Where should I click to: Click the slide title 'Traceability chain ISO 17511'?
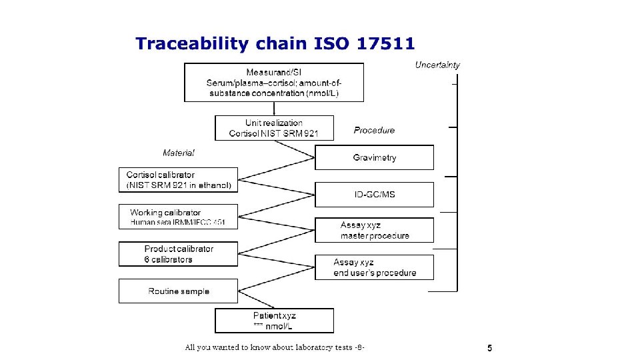(275, 44)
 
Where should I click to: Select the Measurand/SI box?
(274, 82)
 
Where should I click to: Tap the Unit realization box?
(274, 128)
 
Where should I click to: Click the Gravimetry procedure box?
(374, 157)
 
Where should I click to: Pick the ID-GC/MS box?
(374, 194)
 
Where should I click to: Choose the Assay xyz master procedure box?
(374, 230)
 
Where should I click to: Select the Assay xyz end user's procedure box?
(374, 267)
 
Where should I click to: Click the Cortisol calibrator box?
(178, 180)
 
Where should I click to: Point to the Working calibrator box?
(178, 217)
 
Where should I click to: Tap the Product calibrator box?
(178, 254)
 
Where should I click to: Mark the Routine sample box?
(178, 291)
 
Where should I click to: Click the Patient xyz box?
(274, 320)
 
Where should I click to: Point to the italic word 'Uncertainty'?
(437, 65)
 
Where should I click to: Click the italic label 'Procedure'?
(374, 130)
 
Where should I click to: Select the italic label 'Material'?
(179, 153)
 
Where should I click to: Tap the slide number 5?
(490, 348)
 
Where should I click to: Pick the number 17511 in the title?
(386, 44)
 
